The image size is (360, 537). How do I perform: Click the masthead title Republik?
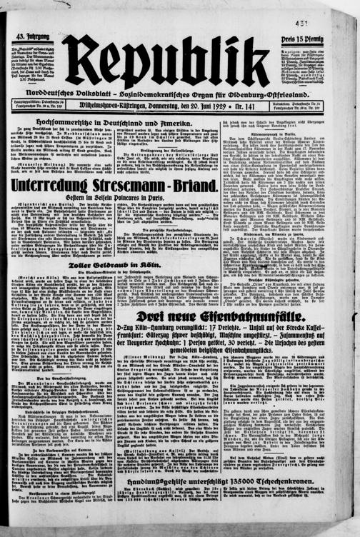[x=166, y=57]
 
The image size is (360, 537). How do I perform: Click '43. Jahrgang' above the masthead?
[x=29, y=36]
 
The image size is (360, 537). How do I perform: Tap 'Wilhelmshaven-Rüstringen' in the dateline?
[x=126, y=105]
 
